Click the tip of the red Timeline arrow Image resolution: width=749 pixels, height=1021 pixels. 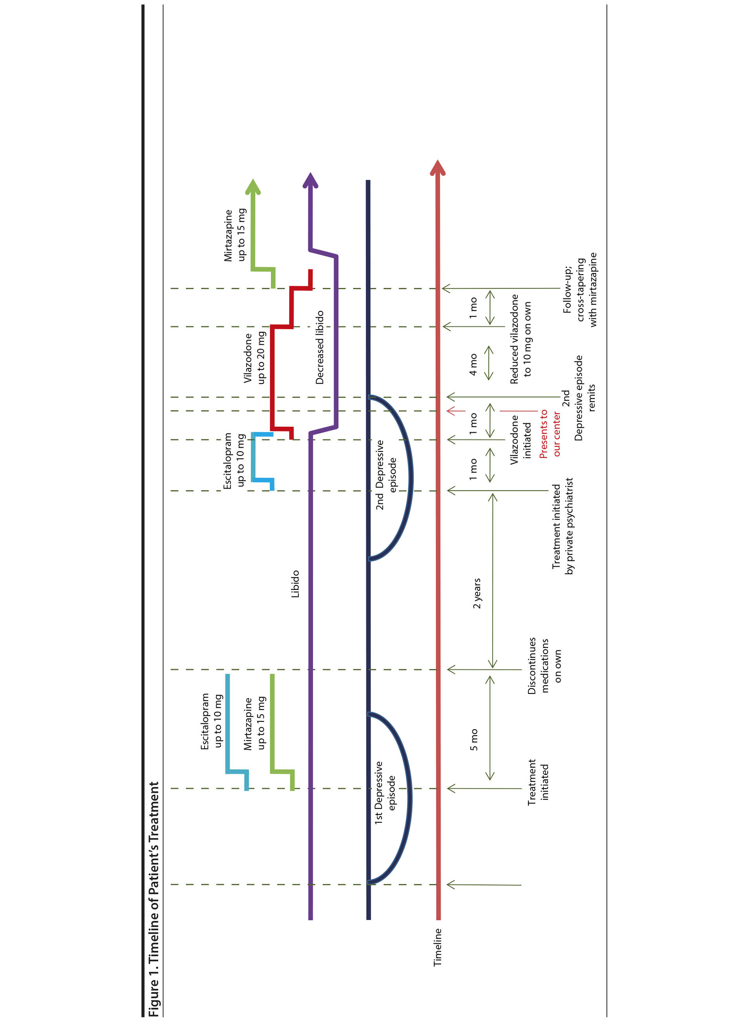pos(438,160)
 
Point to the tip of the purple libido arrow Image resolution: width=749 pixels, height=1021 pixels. pos(310,173)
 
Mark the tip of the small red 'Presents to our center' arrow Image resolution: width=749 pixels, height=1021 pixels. pos(447,411)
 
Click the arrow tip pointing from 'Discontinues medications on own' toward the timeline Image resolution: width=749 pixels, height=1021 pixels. pos(448,669)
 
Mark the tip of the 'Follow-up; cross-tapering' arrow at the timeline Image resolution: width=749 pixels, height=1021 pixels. pos(442,288)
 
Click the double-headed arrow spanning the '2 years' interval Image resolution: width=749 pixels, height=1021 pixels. pos(493,580)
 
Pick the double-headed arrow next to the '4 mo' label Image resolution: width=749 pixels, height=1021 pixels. pos(489,363)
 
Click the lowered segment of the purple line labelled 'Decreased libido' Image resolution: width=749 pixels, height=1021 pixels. pos(336,342)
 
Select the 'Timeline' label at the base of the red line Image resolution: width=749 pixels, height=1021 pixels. pos(438,947)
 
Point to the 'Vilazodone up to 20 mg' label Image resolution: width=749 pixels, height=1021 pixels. pos(254,358)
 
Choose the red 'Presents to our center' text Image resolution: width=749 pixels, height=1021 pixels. pos(550,434)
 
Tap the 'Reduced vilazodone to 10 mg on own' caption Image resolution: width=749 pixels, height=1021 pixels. pos(521,339)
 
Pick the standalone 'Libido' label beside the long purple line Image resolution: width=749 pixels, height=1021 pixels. pos(295,584)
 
